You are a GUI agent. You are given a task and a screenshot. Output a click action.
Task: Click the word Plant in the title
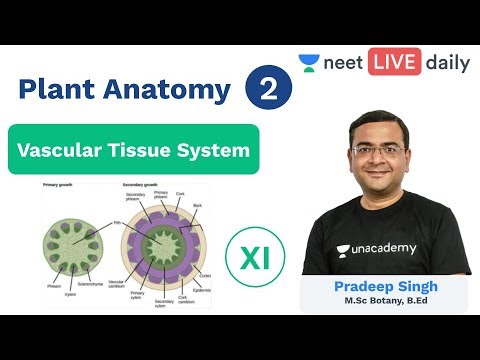(x=60, y=90)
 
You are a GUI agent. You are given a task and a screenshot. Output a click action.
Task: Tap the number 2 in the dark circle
(x=267, y=90)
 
